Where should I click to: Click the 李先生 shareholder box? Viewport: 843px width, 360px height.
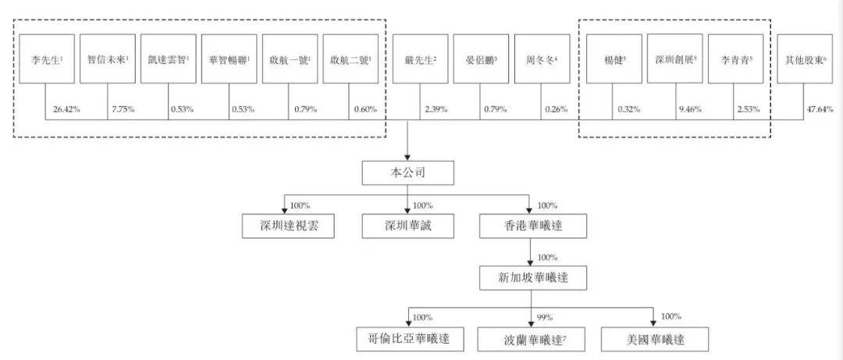click(x=46, y=59)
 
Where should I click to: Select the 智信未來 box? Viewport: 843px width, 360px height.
click(x=107, y=59)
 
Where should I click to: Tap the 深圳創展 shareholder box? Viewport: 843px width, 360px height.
click(x=674, y=59)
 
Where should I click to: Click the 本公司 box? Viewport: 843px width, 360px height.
click(x=407, y=172)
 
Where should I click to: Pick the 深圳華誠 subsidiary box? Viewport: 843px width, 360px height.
click(x=407, y=227)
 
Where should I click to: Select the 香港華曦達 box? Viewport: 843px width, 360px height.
click(x=530, y=227)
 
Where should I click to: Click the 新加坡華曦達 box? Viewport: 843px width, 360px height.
click(x=530, y=278)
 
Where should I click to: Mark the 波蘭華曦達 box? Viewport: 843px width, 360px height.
click(x=530, y=339)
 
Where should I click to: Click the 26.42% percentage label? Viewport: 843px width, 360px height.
click(x=66, y=109)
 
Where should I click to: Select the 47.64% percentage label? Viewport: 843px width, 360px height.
click(x=822, y=109)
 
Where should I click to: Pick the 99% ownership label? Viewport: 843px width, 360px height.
click(x=546, y=317)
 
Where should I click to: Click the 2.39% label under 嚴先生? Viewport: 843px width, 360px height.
click(x=436, y=109)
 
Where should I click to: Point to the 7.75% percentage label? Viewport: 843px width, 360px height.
click(x=123, y=109)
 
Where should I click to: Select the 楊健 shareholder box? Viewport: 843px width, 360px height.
click(x=614, y=59)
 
